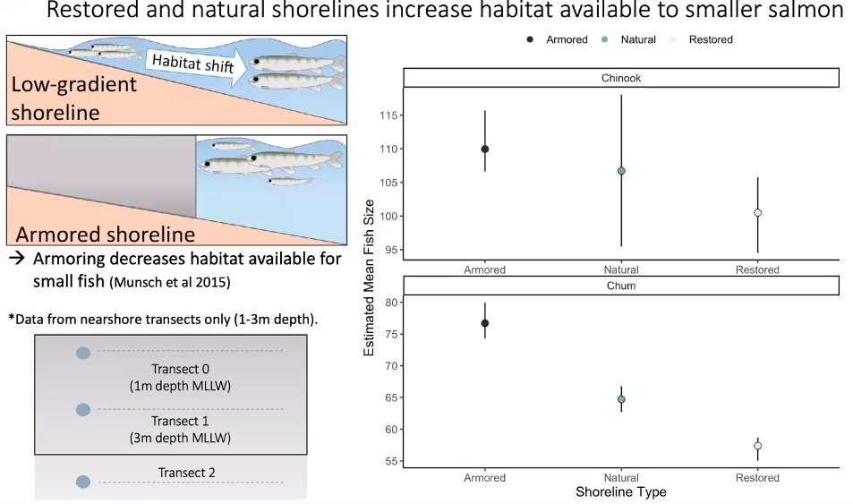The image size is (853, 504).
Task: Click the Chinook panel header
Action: (x=620, y=78)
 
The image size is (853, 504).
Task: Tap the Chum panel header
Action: (x=620, y=285)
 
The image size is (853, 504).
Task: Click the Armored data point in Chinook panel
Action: (x=484, y=149)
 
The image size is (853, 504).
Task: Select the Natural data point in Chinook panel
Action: (x=621, y=170)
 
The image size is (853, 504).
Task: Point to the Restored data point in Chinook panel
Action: (x=757, y=213)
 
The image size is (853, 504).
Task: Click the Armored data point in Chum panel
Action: (x=484, y=323)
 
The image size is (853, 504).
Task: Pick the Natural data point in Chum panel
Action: (x=621, y=399)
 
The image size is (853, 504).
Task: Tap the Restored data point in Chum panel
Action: (x=757, y=446)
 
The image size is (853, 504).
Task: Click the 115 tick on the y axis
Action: (x=387, y=115)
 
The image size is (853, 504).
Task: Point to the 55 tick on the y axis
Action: (x=389, y=461)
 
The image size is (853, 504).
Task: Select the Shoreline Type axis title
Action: (x=620, y=491)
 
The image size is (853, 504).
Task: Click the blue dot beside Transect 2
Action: (x=83, y=482)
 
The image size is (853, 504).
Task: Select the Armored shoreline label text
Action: (x=106, y=235)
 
